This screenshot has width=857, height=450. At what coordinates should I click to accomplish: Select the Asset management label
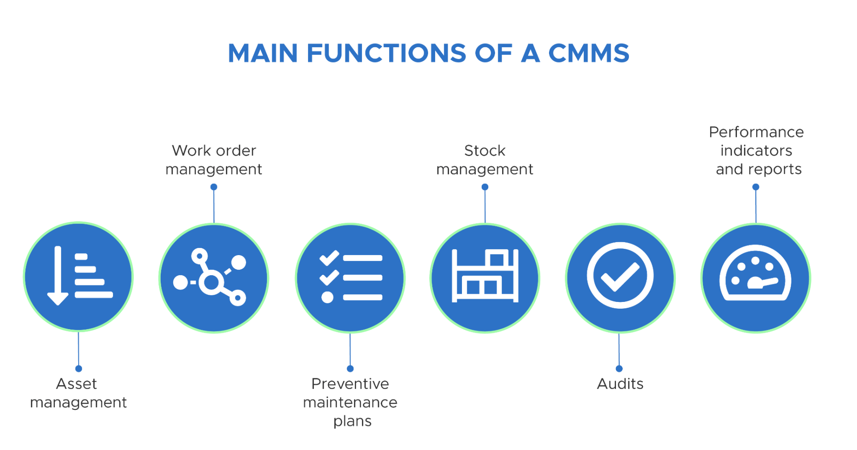[78, 393]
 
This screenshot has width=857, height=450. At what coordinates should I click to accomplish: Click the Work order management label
[214, 160]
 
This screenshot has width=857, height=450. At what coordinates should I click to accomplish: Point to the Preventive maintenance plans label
[350, 402]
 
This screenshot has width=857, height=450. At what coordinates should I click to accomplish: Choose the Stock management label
[485, 160]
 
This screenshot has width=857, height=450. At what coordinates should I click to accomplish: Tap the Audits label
[620, 384]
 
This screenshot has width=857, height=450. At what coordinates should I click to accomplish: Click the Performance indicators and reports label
[757, 151]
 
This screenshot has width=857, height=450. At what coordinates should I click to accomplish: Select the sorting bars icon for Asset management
[79, 277]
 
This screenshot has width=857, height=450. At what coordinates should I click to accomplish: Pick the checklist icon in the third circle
[350, 277]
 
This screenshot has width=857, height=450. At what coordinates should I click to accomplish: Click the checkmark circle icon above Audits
[620, 276]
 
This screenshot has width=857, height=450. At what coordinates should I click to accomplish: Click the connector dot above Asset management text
[79, 368]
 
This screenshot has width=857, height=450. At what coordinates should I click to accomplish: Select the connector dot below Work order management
[214, 187]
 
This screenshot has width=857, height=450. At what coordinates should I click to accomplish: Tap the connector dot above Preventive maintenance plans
[350, 368]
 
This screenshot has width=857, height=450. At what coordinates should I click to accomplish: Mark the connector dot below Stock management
[485, 187]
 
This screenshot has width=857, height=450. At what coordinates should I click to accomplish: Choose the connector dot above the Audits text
[619, 368]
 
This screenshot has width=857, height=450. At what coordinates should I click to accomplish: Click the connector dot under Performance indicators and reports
[756, 187]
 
